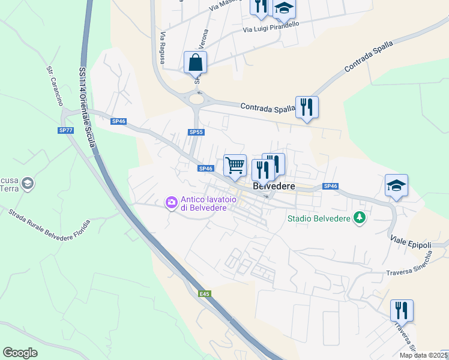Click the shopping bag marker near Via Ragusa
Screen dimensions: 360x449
tap(196, 63)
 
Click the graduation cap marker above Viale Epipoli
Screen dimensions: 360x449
tap(396, 186)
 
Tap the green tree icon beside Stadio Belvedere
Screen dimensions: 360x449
tap(360, 218)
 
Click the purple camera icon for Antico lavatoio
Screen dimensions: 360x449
tap(172, 203)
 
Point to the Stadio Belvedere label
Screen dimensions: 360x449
tap(318, 218)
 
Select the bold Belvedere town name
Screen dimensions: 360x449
tap(275, 187)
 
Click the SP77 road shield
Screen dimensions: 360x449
tap(66, 130)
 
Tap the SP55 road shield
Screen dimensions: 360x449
tap(195, 132)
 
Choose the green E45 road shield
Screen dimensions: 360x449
tap(205, 293)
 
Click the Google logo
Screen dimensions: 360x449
tap(20, 353)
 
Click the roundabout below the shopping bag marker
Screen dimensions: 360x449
tap(196, 98)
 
